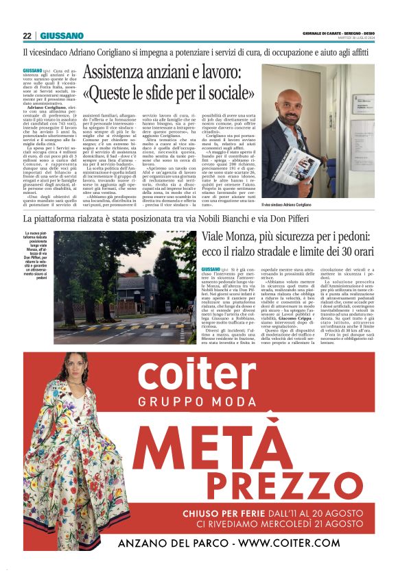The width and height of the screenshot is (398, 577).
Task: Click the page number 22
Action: click(x=26, y=35)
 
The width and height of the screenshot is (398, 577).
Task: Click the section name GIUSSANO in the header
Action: click(x=62, y=35)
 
